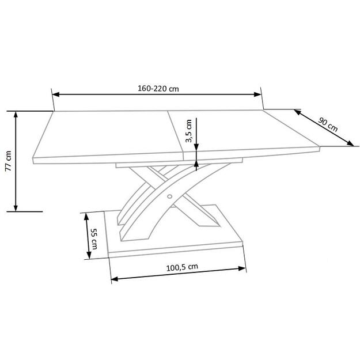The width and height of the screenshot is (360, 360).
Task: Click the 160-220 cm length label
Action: click(157, 89)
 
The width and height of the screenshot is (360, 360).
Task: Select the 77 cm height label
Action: click(8, 161)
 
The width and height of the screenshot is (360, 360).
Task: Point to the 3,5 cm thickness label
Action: click(188, 132)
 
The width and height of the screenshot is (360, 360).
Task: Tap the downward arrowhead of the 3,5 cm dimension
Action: click(197, 146)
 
